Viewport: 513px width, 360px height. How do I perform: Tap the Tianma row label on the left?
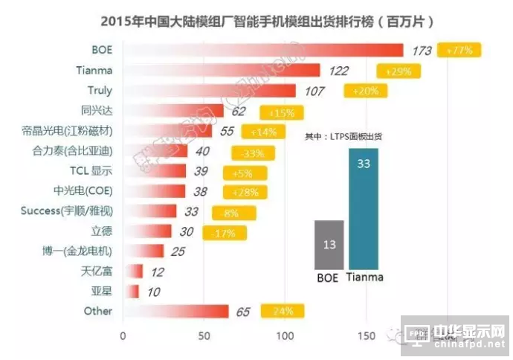(94, 71)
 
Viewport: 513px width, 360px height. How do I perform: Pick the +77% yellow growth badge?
(461, 51)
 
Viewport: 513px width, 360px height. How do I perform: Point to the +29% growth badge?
(399, 71)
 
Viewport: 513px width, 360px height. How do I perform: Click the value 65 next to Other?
(243, 311)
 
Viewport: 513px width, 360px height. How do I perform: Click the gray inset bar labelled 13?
(329, 245)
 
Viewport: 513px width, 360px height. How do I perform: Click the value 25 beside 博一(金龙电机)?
(178, 251)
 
